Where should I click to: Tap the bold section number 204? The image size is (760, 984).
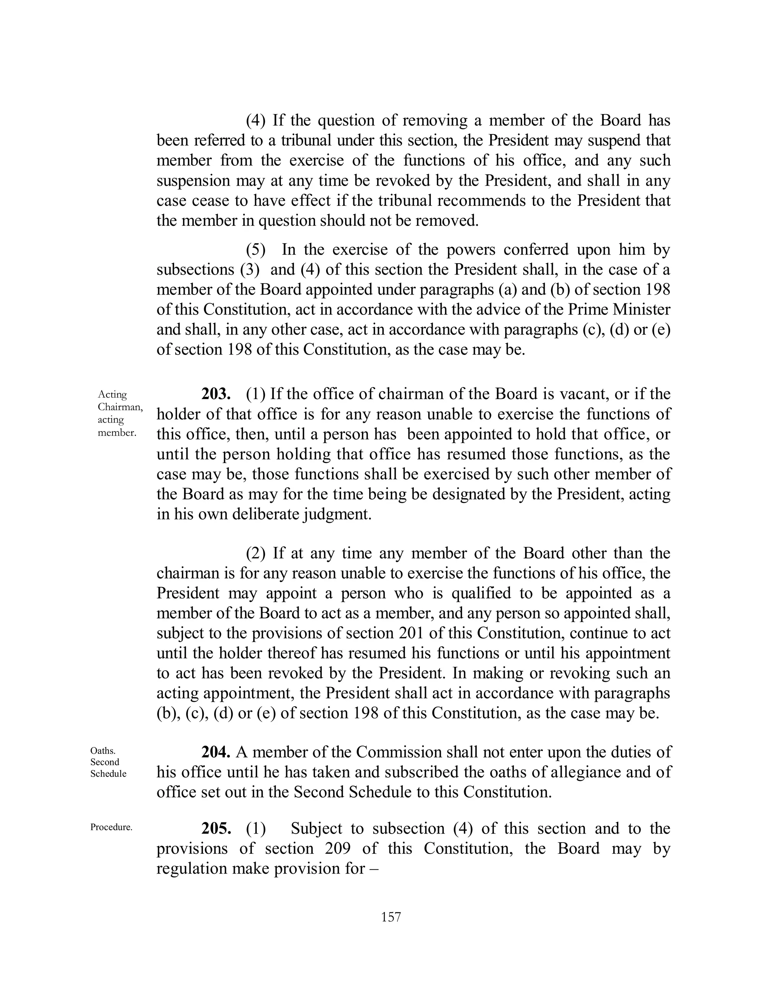click(x=216, y=752)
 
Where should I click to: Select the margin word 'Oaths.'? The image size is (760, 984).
click(x=103, y=750)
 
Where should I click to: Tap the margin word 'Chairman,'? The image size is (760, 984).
click(x=120, y=407)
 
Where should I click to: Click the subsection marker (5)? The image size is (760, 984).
click(x=255, y=250)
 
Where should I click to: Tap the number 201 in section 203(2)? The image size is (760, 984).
click(x=411, y=633)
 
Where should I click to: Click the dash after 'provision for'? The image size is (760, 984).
click(x=374, y=868)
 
